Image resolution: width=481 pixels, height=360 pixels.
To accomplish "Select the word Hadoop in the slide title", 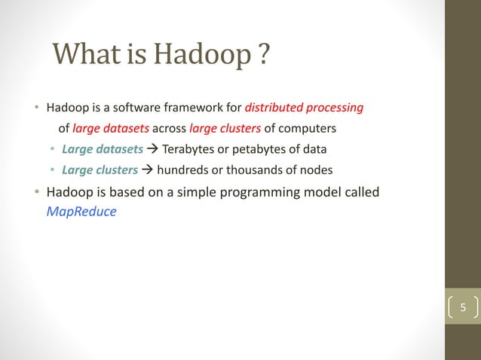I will coord(200,54).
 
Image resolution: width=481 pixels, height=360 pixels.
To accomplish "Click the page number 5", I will coord(464,307).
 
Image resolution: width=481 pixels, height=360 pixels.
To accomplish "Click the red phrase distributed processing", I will coord(304,107).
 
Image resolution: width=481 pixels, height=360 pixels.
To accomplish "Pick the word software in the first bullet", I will coord(135,107).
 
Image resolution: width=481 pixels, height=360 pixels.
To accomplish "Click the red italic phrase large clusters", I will coord(225,127).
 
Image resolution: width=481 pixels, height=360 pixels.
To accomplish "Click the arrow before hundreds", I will coord(147,168).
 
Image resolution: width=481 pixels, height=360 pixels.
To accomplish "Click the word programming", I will coord(259,192).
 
